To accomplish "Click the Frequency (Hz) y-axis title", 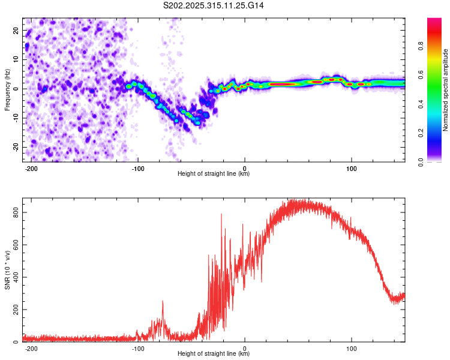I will pyautogui.click(x=7, y=90).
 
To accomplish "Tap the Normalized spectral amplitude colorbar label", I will pyautogui.click(x=445, y=90).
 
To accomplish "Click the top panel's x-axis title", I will pyautogui.click(x=214, y=174).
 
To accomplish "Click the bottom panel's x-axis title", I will pyautogui.click(x=214, y=354).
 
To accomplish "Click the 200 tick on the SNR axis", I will pyautogui.click(x=14, y=310).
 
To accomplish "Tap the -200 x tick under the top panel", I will pyautogui.click(x=32, y=167).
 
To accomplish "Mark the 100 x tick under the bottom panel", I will pyautogui.click(x=352, y=347).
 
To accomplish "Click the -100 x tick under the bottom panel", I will pyautogui.click(x=138, y=347).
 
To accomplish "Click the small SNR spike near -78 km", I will pyautogui.click(x=163, y=302).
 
